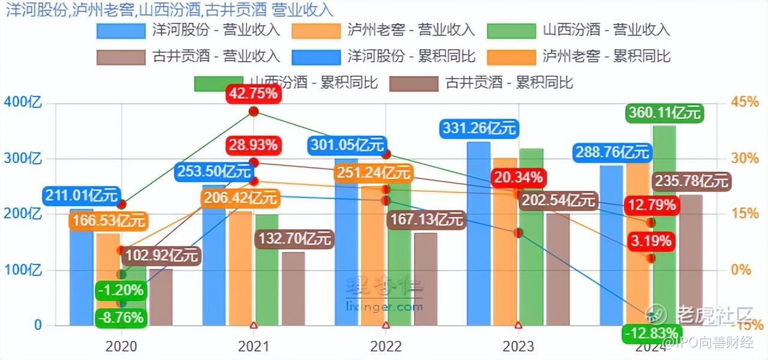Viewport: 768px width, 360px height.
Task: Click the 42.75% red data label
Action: click(x=253, y=94)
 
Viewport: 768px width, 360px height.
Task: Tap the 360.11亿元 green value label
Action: click(x=664, y=112)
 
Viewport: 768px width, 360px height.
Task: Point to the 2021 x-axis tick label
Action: click(x=253, y=346)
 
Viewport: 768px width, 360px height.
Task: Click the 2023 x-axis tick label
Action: click(x=518, y=346)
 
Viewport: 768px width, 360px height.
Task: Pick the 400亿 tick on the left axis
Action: click(x=23, y=102)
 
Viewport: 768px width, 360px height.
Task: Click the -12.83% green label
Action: click(x=650, y=332)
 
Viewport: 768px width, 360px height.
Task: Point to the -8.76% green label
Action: click(x=121, y=317)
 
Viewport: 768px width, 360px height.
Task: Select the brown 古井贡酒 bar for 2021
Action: click(x=293, y=289)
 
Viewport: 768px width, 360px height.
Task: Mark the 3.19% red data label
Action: click(x=650, y=242)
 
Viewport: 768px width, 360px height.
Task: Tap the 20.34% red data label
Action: click(x=517, y=178)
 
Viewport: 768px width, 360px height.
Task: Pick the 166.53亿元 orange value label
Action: click(x=100, y=221)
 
